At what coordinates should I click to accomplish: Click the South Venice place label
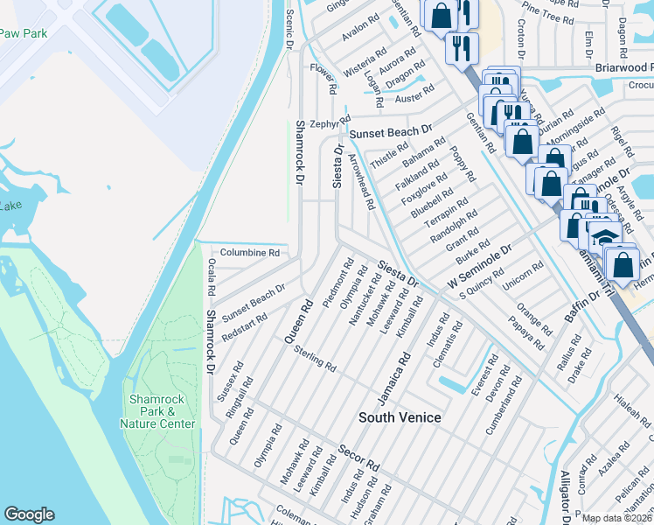(x=400, y=417)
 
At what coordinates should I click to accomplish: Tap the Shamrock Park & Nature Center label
(x=157, y=411)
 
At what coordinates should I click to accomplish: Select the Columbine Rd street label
(x=249, y=252)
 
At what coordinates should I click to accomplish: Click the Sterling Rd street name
(x=316, y=359)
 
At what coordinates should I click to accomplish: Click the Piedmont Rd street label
(x=337, y=283)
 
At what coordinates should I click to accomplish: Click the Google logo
(x=29, y=514)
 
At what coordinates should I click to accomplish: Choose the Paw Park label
(x=23, y=32)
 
